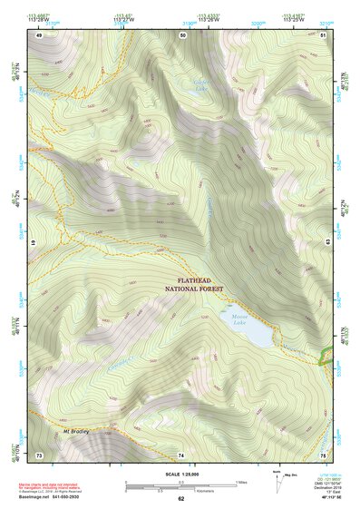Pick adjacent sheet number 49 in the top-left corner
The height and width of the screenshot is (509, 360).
click(x=39, y=34)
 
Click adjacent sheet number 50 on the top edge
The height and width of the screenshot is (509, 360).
click(x=182, y=34)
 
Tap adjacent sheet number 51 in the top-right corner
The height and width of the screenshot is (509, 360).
click(x=324, y=34)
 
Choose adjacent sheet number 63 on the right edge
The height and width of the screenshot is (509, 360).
click(x=326, y=244)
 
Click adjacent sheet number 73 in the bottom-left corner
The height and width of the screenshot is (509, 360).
click(x=39, y=454)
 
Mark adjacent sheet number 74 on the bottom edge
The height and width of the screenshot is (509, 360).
click(x=181, y=454)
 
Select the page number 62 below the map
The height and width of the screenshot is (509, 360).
click(x=181, y=499)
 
